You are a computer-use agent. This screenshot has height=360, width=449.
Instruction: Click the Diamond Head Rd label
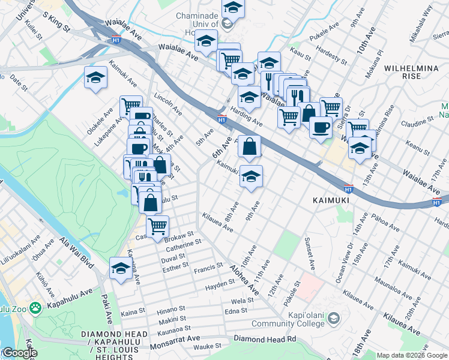point(265,339)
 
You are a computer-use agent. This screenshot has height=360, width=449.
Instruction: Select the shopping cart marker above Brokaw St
point(157,226)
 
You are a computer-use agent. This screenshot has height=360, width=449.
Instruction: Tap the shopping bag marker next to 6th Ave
point(249,145)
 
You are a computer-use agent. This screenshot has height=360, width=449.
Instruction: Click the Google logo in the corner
point(19,353)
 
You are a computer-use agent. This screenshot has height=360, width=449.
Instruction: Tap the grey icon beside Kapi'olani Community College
point(334,317)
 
